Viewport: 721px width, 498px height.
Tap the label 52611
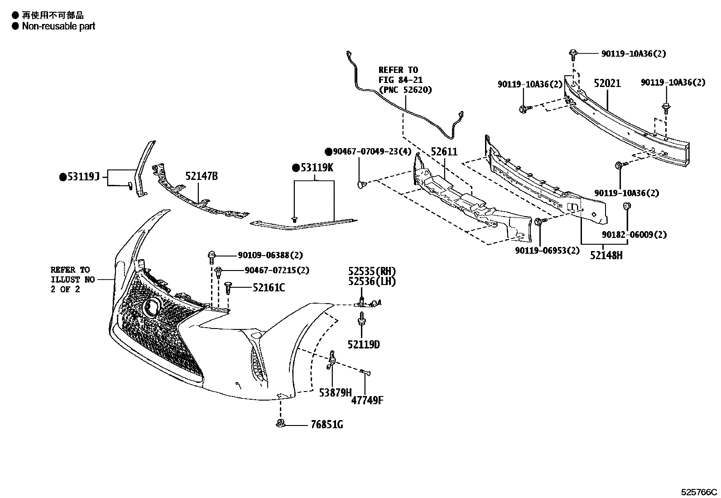(444, 152)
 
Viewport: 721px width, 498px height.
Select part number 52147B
(201, 176)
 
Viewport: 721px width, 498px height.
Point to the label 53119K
(317, 168)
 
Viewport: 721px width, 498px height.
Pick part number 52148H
(606, 256)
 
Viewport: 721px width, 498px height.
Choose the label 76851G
(327, 425)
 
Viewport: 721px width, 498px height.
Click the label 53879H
(335, 392)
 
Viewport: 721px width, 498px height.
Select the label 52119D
(364, 345)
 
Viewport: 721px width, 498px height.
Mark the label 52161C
(269, 288)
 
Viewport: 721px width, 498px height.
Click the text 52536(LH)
(372, 281)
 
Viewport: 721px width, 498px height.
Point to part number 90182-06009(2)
(634, 235)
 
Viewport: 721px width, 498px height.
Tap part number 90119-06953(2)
(547, 251)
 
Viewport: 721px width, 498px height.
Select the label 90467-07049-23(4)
(372, 151)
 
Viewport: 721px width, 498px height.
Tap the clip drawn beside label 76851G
(280, 424)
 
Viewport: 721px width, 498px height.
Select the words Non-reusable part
(58, 26)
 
